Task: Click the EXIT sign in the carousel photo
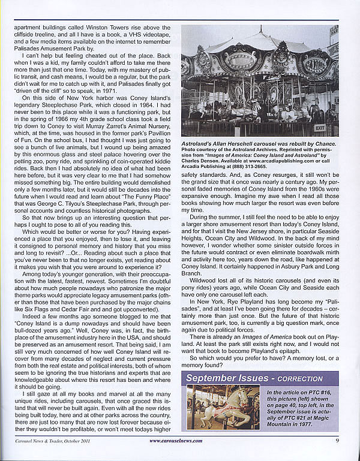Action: (x=319, y=127)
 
